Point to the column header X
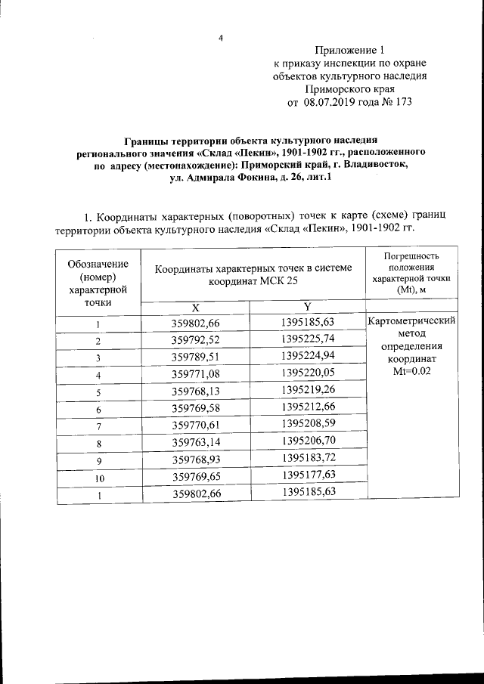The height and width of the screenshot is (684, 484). (x=195, y=307)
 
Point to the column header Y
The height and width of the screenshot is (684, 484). (x=307, y=306)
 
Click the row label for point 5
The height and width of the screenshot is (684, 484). (x=98, y=392)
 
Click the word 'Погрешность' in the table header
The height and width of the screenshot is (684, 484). (x=411, y=255)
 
